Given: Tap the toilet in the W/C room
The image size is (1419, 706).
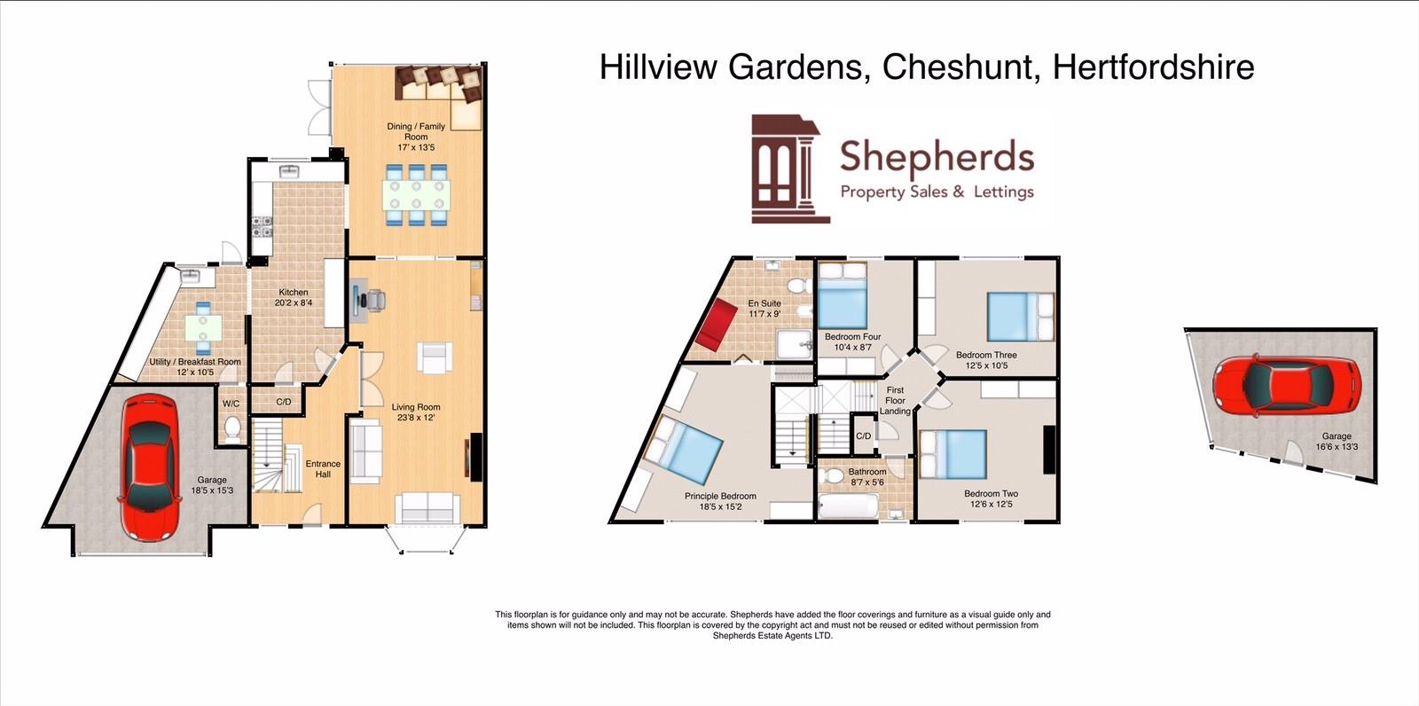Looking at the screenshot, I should tap(232, 429).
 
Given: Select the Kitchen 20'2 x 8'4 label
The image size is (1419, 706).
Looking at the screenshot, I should tap(294, 297).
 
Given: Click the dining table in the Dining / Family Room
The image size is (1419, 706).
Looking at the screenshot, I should tap(417, 194).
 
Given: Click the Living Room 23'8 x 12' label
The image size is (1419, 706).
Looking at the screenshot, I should tap(416, 412).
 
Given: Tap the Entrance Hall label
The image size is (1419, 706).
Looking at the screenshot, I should tap(323, 468).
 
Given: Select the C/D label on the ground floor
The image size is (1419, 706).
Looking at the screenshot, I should tap(284, 402).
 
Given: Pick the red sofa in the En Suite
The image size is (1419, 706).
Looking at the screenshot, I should tap(716, 325).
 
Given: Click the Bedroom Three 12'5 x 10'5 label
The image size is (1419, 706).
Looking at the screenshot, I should tap(986, 360).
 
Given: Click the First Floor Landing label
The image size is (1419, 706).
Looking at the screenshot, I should tap(895, 401).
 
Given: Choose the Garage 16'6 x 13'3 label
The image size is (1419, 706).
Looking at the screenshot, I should tap(1337, 441).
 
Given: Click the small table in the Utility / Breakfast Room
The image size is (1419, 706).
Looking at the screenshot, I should tap(204, 327).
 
